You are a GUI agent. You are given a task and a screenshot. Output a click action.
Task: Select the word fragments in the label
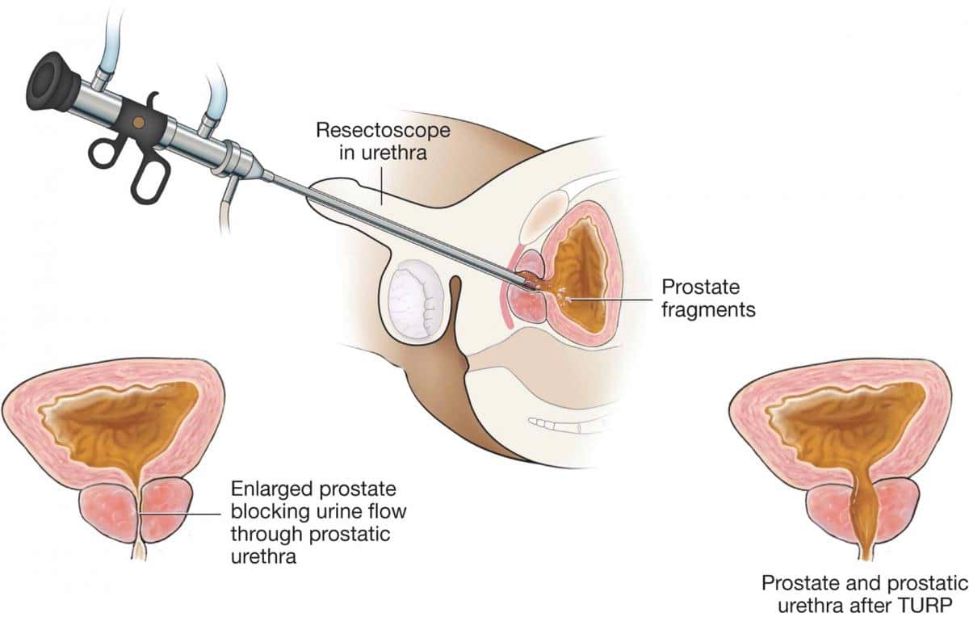(708, 308)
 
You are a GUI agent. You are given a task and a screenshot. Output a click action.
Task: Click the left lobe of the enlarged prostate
(110, 512)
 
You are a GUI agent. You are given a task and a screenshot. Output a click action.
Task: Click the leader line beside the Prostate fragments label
(614, 300)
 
